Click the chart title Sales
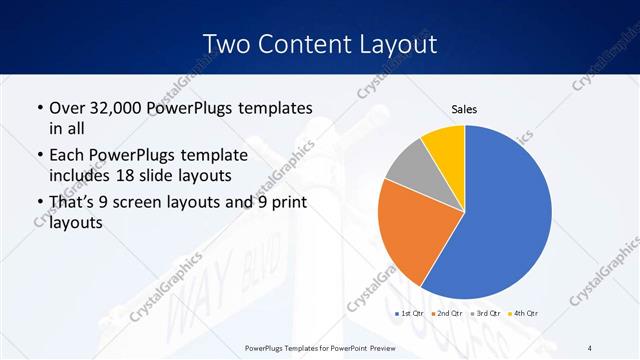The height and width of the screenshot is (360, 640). pyautogui.click(x=464, y=108)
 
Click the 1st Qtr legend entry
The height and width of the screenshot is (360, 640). pyautogui.click(x=410, y=313)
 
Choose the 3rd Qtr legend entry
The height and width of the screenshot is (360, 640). pyautogui.click(x=491, y=313)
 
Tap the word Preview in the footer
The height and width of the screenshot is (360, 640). pyautogui.click(x=376, y=347)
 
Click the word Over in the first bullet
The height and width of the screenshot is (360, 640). pyautogui.click(x=67, y=108)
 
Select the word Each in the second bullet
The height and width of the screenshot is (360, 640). pyautogui.click(x=67, y=156)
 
